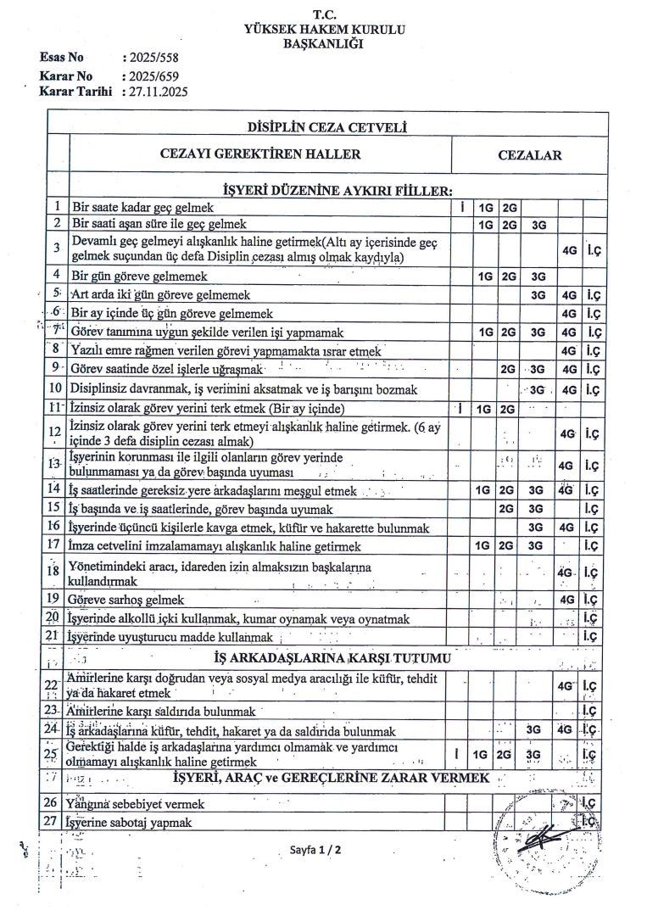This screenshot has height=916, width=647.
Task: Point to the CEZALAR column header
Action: coord(530,155)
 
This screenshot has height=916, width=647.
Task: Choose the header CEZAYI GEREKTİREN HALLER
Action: coord(260,154)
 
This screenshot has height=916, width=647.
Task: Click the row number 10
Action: coord(56,388)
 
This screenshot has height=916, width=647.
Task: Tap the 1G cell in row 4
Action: coord(486,276)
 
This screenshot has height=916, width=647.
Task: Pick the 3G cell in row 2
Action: coord(538,225)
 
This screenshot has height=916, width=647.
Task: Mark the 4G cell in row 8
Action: coord(569,350)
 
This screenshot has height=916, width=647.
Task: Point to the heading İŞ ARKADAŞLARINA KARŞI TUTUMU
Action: coord(333,657)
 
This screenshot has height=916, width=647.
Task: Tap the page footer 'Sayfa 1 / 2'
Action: coord(315,848)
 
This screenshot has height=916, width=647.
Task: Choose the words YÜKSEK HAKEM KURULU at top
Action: coord(324,30)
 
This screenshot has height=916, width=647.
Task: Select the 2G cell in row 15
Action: coord(509,510)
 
